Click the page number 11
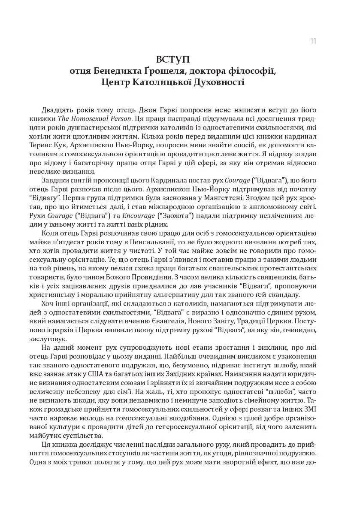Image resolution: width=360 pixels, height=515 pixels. tap(313, 41)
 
